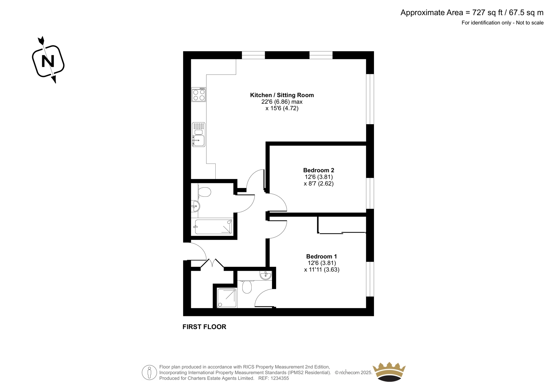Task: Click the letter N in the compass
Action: (x=48, y=61)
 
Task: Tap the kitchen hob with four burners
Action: (x=199, y=95)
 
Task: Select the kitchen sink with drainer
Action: (x=199, y=134)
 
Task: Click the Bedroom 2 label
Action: (x=319, y=170)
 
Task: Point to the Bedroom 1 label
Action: (x=321, y=257)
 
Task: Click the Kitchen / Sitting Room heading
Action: (x=282, y=95)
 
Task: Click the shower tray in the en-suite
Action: (x=227, y=298)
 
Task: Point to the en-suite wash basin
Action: (x=266, y=276)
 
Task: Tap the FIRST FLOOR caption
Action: (x=204, y=327)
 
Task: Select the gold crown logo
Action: (x=389, y=372)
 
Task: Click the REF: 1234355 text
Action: (x=273, y=378)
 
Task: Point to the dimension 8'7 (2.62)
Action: (x=319, y=184)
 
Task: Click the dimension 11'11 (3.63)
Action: (x=322, y=269)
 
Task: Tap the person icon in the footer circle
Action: (x=149, y=372)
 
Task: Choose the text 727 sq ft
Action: (x=487, y=12)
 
